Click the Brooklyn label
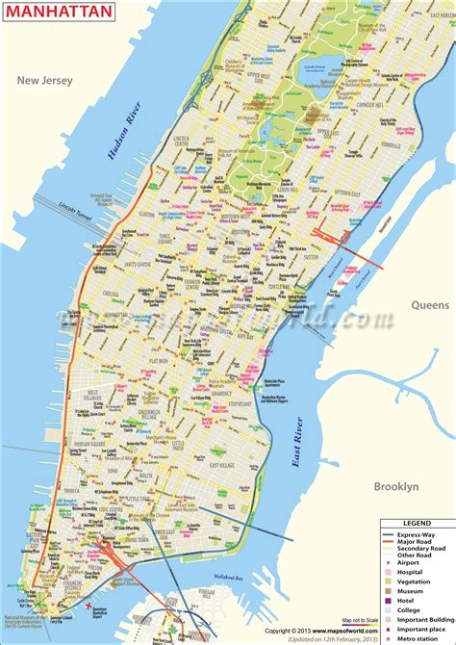click(x=395, y=487)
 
